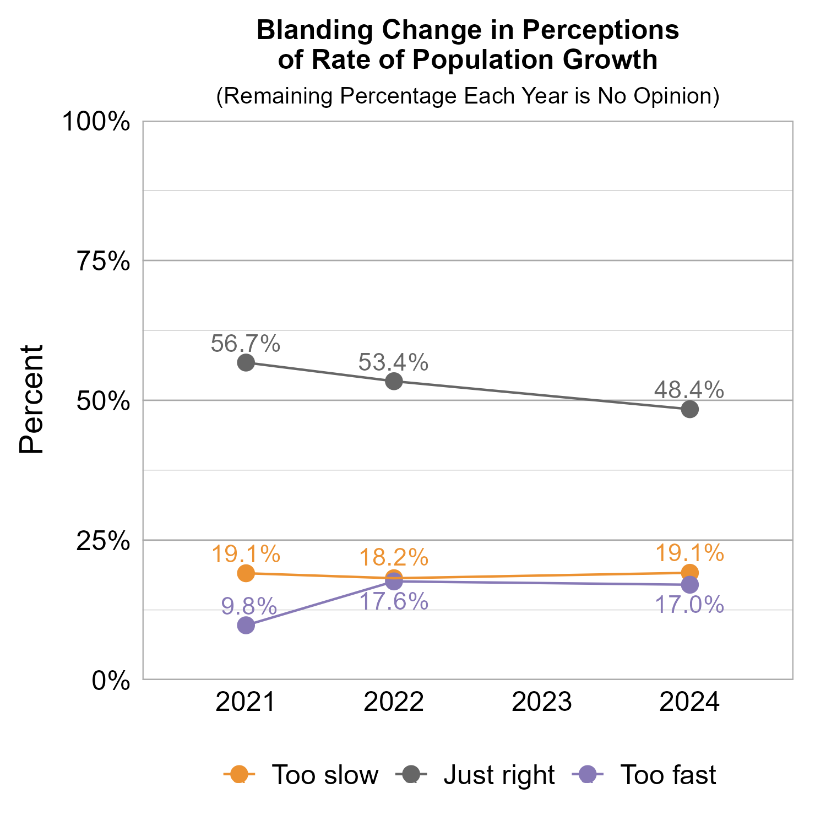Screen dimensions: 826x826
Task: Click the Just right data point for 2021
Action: (x=246, y=363)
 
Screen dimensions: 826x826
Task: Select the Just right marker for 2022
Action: (x=394, y=381)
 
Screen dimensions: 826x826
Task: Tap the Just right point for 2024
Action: (x=689, y=409)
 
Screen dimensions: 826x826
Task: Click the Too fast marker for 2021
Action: (x=246, y=625)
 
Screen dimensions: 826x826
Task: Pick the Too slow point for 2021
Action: (x=246, y=573)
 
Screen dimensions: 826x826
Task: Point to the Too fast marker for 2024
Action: (x=689, y=585)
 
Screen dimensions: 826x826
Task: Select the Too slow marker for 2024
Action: (x=689, y=573)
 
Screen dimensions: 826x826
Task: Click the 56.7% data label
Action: (x=246, y=344)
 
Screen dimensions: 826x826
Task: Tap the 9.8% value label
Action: (x=249, y=607)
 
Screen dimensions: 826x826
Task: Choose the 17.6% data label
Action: (x=394, y=601)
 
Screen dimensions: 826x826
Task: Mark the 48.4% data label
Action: (x=689, y=390)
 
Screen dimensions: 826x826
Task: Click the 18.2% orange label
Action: (x=394, y=557)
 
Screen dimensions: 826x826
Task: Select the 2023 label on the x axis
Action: (x=542, y=703)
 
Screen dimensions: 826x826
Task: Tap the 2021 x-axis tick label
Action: (x=246, y=703)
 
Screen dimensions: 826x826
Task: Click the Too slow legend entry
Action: (x=325, y=775)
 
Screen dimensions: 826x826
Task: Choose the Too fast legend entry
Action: (x=667, y=775)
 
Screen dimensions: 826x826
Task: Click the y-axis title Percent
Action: (x=31, y=400)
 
